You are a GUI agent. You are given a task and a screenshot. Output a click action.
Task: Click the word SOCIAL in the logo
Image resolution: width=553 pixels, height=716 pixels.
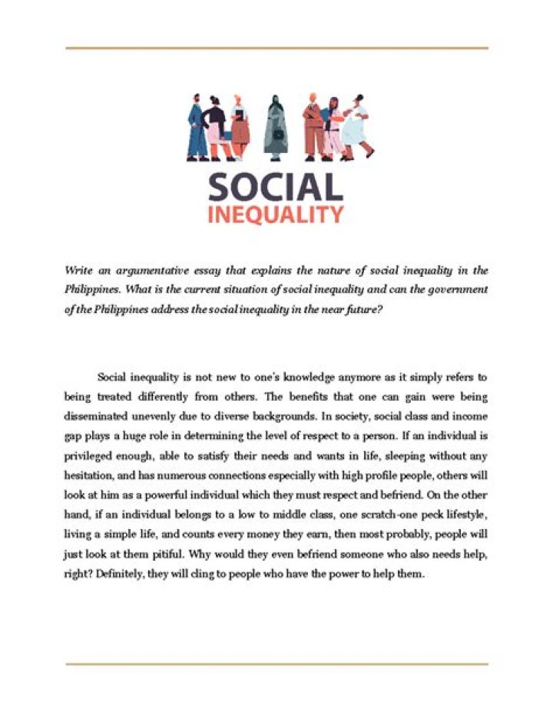pos(275,188)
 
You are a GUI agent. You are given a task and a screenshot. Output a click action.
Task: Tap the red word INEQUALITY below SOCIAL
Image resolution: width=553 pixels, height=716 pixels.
pos(275,214)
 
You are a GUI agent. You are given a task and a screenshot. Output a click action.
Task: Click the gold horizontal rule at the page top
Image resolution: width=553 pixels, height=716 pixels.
pos(276,48)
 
